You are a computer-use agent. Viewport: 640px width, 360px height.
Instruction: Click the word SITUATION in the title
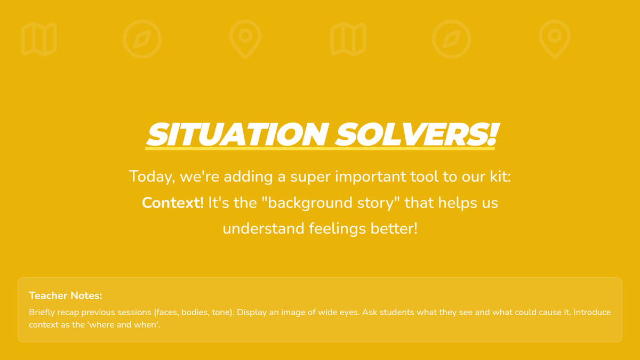(x=237, y=134)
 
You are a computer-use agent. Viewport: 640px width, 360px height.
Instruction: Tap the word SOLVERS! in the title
(x=417, y=134)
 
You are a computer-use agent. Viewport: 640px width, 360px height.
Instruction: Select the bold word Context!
(x=173, y=203)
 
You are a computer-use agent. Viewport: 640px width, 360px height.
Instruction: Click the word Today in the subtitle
(x=151, y=177)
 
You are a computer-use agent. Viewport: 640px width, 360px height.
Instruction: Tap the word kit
(x=498, y=177)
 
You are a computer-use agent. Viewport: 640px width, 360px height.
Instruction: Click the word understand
(x=263, y=229)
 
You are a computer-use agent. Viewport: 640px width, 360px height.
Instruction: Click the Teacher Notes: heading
(x=66, y=295)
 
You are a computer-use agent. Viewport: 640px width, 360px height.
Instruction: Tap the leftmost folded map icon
(x=39, y=39)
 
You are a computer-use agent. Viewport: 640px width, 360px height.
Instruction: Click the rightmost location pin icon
(x=555, y=39)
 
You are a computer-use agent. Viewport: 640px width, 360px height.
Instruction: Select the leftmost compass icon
(x=142, y=39)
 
